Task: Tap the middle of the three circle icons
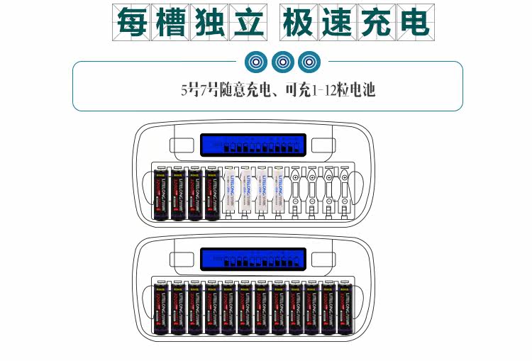(x=282, y=62)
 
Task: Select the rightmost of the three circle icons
(x=309, y=62)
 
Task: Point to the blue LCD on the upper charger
(x=253, y=145)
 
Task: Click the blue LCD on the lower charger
(x=253, y=259)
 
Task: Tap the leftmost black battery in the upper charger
(x=161, y=194)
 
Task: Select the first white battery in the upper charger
(x=229, y=194)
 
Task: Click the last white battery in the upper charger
(x=279, y=194)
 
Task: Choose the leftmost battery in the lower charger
(x=161, y=308)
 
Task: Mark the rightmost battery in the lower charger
(x=345, y=308)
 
